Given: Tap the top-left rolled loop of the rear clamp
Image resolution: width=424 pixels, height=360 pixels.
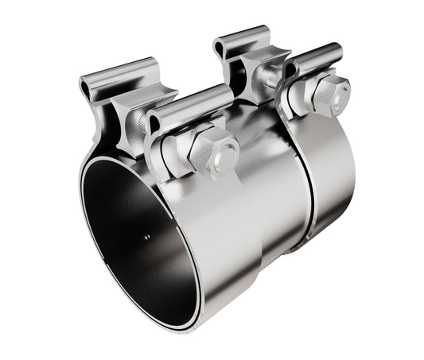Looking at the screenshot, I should point(239,39).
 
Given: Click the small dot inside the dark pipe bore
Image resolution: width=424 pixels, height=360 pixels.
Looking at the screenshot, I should point(146,236).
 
